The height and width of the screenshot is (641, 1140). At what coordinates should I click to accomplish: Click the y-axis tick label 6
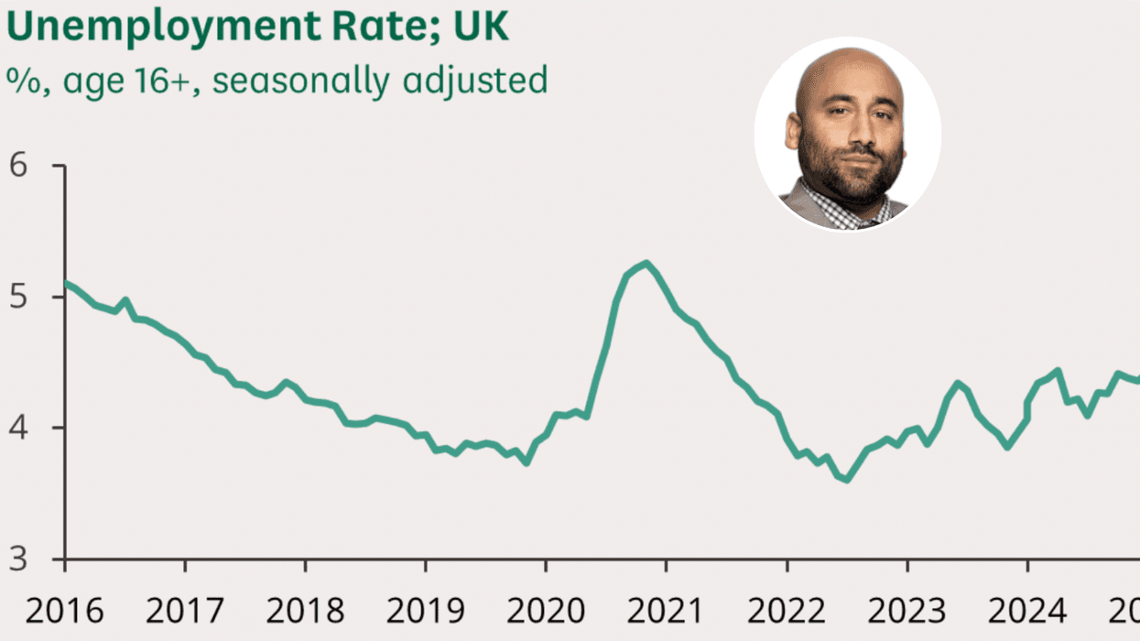[x=18, y=167]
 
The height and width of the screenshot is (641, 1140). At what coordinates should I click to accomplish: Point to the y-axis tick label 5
[x=18, y=298]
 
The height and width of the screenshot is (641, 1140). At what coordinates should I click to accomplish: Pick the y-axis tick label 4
[x=18, y=429]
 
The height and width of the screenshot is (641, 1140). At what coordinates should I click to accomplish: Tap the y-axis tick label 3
[x=18, y=560]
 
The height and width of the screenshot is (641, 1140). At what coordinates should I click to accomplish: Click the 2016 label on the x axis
[x=64, y=610]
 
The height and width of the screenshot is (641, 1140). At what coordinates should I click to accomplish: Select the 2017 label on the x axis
[x=185, y=610]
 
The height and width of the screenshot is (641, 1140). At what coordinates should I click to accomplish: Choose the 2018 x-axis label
[x=305, y=610]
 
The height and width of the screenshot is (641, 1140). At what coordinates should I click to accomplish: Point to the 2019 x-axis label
[x=425, y=610]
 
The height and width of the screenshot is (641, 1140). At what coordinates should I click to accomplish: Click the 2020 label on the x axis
[x=545, y=610]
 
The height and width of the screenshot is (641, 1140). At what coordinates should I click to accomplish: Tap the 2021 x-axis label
[x=666, y=610]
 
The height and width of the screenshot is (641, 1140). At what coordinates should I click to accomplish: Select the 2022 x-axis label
[x=786, y=610]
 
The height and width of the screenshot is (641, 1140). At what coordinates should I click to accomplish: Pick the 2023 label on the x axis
[x=907, y=610]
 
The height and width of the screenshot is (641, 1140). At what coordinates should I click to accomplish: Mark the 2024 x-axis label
[x=1026, y=610]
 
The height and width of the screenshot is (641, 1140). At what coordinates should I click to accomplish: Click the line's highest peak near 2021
[x=646, y=264]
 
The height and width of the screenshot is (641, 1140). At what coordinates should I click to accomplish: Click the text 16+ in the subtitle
[x=175, y=81]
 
